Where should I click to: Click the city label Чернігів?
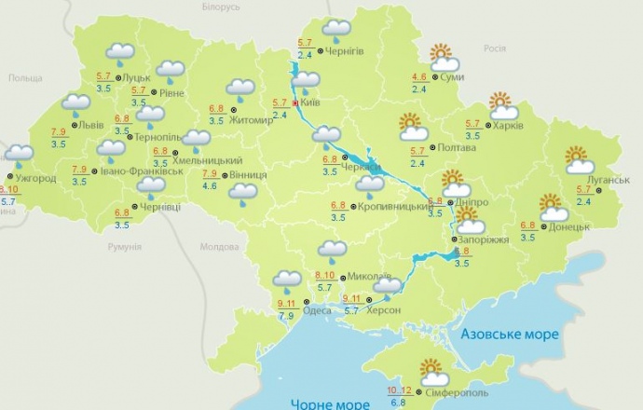(x=347, y=52)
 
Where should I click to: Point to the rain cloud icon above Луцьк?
(x=118, y=56)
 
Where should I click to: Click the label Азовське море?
(x=510, y=334)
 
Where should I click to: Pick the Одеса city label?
(x=317, y=310)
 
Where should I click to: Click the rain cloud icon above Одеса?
(x=286, y=279)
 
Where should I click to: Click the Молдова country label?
(x=221, y=247)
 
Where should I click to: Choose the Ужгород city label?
(x=37, y=178)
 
